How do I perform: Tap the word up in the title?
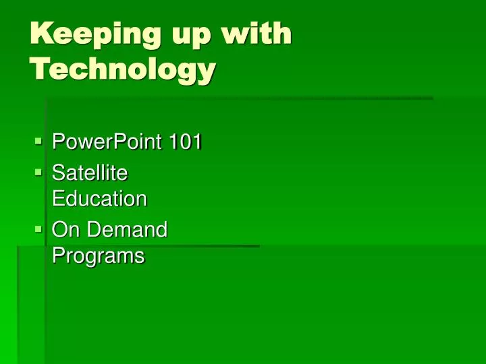point(194,35)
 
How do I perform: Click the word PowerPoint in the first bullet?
point(107,142)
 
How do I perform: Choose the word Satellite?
point(90,173)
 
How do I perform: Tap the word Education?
point(99,199)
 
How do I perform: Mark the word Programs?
point(98,257)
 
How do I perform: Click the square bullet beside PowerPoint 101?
point(38,142)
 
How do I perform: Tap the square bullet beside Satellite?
point(38,173)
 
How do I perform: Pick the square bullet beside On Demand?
point(38,231)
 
